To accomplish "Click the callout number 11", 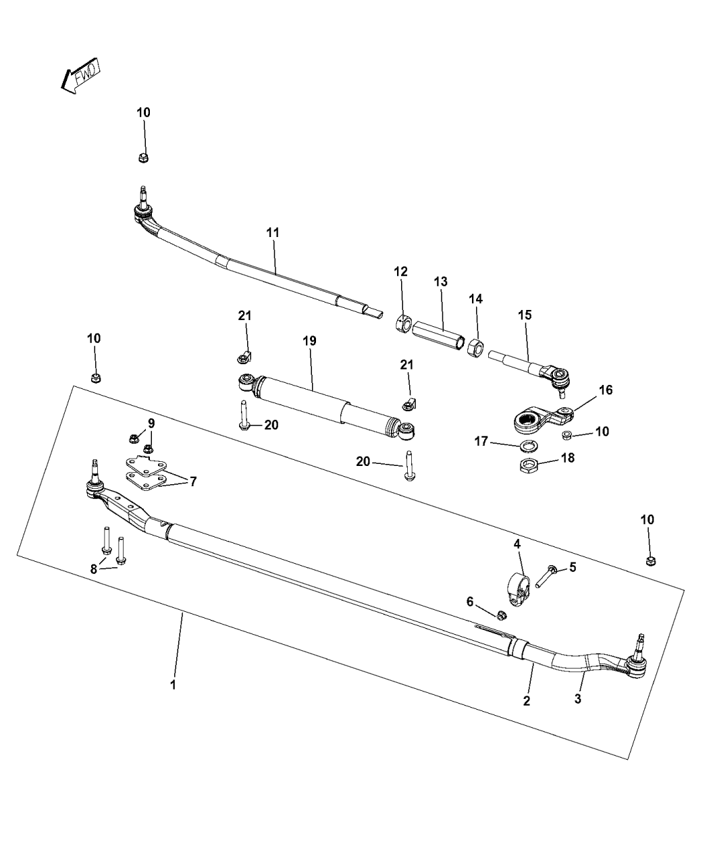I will click(273, 232).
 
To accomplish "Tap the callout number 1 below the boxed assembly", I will click(173, 684).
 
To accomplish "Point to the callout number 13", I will click(440, 282).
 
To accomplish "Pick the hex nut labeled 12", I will click(402, 323).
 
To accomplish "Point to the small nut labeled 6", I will click(501, 615).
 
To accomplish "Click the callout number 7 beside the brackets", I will click(193, 481).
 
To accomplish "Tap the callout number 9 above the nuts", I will click(151, 423).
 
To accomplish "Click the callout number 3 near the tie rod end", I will click(578, 699).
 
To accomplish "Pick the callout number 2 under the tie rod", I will click(527, 701).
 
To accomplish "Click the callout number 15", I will click(525, 315).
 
